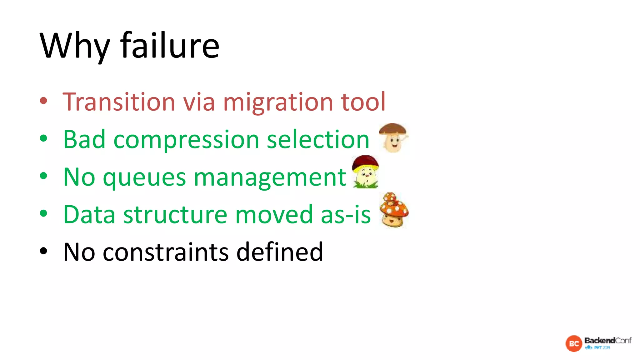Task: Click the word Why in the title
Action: [x=75, y=46]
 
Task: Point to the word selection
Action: [x=318, y=139]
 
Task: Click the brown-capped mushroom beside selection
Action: [x=393, y=137]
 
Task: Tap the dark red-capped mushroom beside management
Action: [x=365, y=172]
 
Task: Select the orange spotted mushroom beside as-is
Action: [x=394, y=210]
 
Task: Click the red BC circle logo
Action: [x=574, y=344]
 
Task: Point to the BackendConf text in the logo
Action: [x=608, y=340]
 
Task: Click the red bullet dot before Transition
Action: [x=43, y=101]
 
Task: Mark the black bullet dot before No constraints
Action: [x=43, y=251]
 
